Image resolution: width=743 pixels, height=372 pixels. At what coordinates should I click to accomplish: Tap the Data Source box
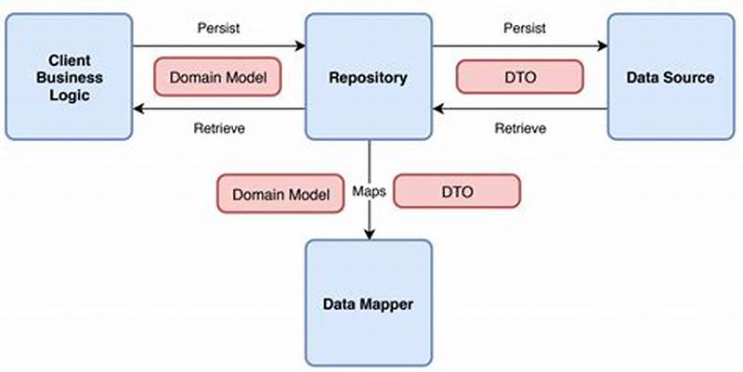[669, 77]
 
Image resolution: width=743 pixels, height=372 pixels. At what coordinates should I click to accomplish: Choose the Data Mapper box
[369, 302]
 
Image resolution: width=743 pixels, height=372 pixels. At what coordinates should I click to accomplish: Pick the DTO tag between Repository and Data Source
[519, 77]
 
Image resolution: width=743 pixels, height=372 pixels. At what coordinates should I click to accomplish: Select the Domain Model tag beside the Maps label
[280, 194]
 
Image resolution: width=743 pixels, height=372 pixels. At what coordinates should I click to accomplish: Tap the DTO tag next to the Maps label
[457, 192]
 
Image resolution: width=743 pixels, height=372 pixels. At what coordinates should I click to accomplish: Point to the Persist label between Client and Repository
[219, 28]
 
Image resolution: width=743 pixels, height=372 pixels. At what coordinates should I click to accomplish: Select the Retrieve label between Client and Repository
[220, 128]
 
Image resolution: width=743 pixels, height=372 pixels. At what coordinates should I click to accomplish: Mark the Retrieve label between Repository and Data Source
[519, 128]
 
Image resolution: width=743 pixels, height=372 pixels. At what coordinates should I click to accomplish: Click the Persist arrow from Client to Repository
[219, 45]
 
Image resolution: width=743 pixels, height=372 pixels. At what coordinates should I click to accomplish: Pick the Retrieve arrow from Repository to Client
[219, 109]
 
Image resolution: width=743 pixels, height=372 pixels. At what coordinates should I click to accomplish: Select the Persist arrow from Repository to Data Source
[519, 45]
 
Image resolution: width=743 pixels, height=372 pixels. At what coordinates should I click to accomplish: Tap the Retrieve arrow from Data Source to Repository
[519, 109]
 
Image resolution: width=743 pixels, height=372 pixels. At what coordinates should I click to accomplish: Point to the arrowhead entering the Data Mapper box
[370, 234]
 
